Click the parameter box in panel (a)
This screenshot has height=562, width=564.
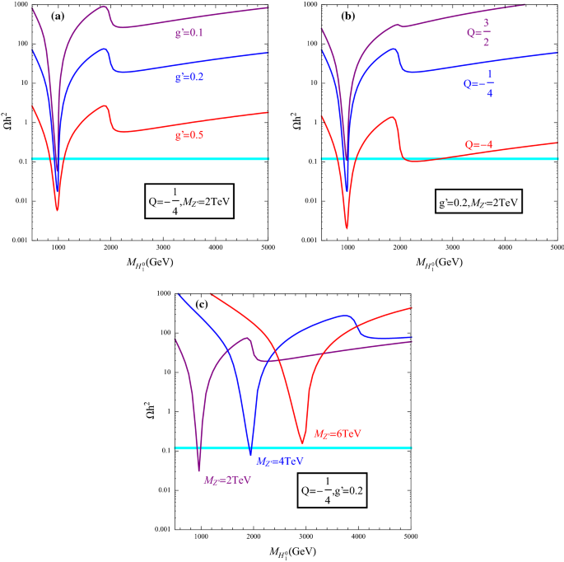pyautogui.click(x=189, y=200)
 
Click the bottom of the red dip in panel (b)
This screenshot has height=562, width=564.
pyautogui.click(x=347, y=228)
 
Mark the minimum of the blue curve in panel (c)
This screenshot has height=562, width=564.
pyautogui.click(x=251, y=454)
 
